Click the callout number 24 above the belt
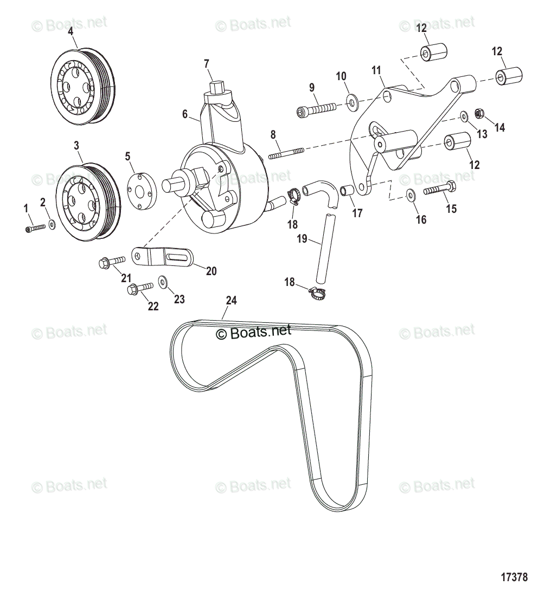coord(231,301)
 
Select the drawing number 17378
coord(514,577)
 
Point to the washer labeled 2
coord(52,224)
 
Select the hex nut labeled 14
coord(479,113)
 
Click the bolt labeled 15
coord(439,190)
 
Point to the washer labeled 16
coord(411,194)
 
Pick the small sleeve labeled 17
coord(347,191)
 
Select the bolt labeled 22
coord(139,289)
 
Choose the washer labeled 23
coord(163,282)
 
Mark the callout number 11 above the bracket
coord(376,70)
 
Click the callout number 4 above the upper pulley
coord(71,31)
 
